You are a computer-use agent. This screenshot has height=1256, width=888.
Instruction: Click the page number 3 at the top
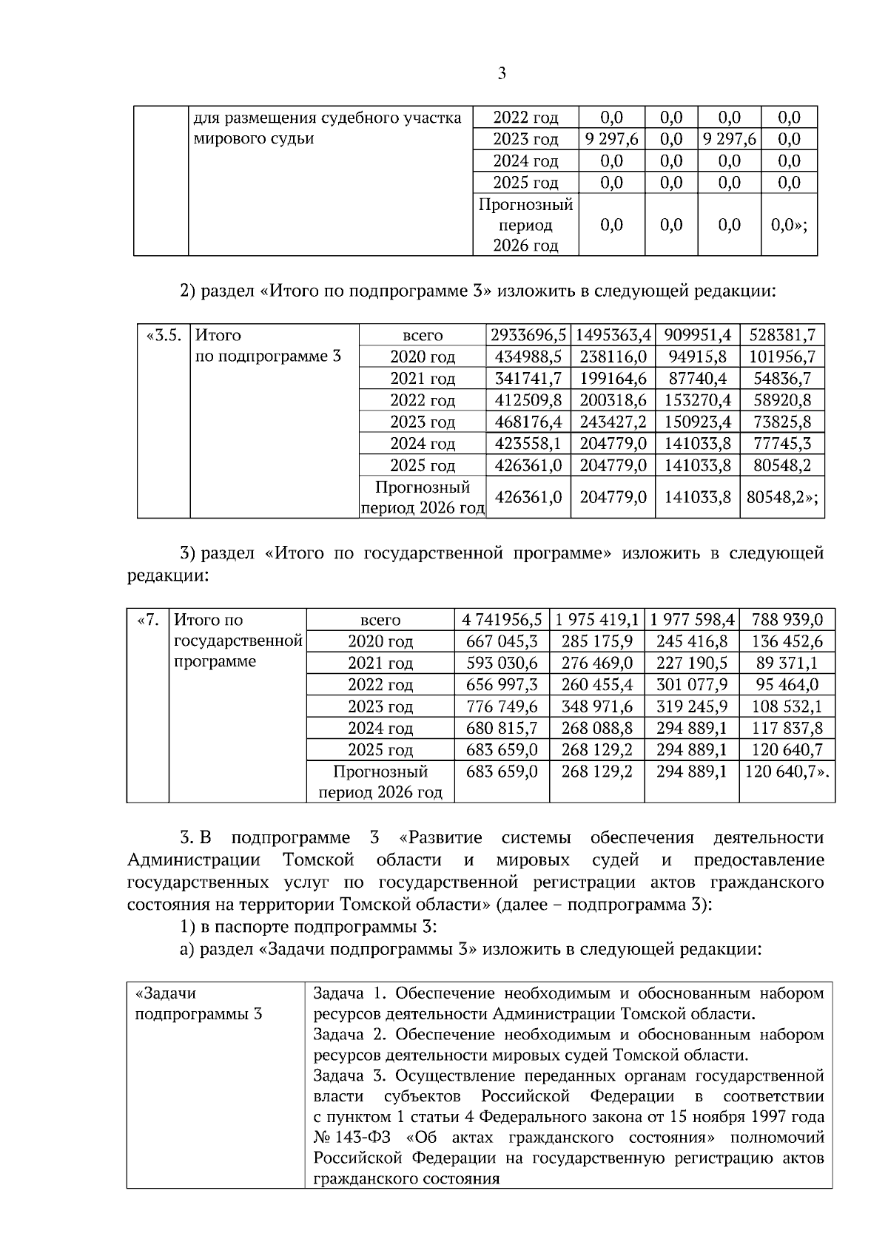pos(502,73)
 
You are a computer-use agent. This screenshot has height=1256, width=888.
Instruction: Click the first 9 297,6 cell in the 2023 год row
pos(611,139)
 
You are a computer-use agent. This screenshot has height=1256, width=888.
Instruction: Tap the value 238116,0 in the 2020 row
pos(613,357)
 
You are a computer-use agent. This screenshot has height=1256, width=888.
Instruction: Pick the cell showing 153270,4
pos(697,400)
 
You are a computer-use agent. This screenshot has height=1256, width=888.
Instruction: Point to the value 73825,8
pos(781,422)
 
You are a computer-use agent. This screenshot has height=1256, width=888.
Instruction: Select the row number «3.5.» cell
pos(163,335)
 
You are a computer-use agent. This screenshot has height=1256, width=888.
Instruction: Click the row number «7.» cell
pos(148,620)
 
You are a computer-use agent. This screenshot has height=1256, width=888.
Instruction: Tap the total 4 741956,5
pos(502,620)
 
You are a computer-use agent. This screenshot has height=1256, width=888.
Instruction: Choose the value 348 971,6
pos(596,706)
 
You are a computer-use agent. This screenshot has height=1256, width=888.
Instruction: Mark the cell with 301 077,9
pos(691,685)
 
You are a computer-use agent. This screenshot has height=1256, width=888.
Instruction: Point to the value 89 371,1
pos(787,663)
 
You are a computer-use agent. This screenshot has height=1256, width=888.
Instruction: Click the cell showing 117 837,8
pos(787,728)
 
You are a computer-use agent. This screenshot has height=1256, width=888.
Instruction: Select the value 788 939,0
pos(787,620)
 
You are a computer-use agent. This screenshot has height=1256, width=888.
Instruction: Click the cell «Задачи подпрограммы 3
pos(198,1003)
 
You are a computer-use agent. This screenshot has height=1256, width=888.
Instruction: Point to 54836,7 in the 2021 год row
pos(781,379)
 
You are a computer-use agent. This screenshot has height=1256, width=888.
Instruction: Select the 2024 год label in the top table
pos(525,161)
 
